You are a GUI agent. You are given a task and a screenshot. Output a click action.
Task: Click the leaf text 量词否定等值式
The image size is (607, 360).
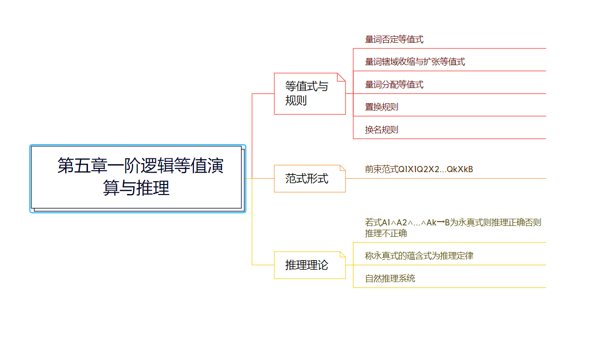coord(394,39)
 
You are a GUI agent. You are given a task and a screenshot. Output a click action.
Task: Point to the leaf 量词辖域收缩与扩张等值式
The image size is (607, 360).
coord(414,62)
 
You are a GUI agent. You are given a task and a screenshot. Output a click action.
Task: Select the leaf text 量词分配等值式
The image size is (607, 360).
coord(394,85)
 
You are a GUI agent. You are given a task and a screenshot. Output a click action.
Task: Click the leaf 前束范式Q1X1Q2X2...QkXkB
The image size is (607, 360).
coord(419,169)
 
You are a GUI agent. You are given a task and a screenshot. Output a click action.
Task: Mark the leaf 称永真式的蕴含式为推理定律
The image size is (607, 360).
coord(419,256)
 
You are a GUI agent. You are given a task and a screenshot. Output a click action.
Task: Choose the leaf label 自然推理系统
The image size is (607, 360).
coord(390,278)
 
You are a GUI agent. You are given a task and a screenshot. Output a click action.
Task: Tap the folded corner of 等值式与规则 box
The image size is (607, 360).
coord(341,77)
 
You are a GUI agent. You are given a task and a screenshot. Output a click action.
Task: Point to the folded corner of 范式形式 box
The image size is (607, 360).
coord(342,168)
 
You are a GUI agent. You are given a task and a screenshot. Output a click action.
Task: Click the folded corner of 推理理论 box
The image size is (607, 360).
coord(342,254)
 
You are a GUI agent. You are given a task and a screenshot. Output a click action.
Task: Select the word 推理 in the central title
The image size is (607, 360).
coord(153,188)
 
